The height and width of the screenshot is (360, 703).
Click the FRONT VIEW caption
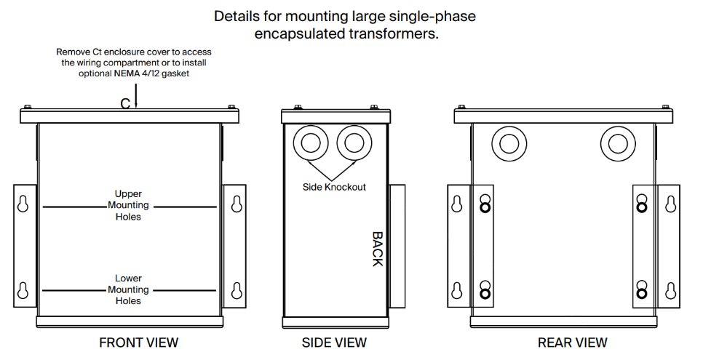click(x=138, y=343)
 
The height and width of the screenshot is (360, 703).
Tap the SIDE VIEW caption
click(x=334, y=343)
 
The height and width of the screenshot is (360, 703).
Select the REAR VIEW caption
click(x=572, y=343)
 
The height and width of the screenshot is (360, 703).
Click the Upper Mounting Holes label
click(x=128, y=206)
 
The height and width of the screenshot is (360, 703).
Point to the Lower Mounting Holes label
click(x=128, y=289)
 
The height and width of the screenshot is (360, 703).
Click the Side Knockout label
click(x=334, y=187)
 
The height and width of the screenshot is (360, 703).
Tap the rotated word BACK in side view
click(x=377, y=249)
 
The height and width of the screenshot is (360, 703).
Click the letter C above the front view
click(x=126, y=103)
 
